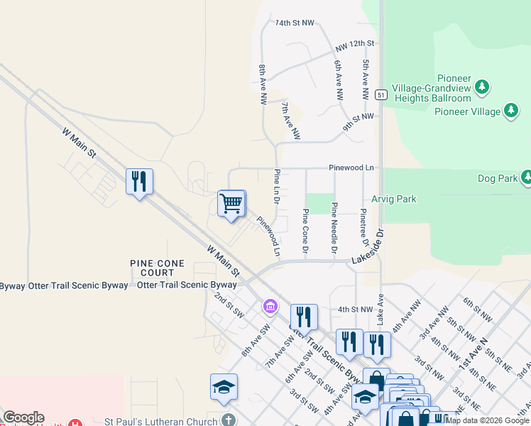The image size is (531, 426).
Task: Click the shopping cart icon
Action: click(x=231, y=204)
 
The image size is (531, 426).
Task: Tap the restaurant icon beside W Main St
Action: click(x=139, y=182)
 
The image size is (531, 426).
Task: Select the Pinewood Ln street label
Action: click(x=351, y=168)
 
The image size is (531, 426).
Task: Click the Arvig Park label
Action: click(x=394, y=200)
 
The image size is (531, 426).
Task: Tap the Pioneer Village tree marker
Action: click(x=510, y=110)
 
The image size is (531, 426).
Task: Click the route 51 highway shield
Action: click(x=381, y=95)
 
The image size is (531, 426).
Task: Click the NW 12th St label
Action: click(x=355, y=44)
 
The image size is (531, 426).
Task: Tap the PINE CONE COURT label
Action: click(x=158, y=268)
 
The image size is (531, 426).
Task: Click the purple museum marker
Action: click(x=270, y=306)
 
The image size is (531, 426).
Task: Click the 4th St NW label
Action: click(x=356, y=310)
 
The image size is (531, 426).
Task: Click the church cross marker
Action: click(x=228, y=419)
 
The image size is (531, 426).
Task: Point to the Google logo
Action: click(x=23, y=417)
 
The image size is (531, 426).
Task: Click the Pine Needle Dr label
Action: click(x=334, y=229)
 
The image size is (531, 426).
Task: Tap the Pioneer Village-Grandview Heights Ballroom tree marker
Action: click(x=483, y=86)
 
